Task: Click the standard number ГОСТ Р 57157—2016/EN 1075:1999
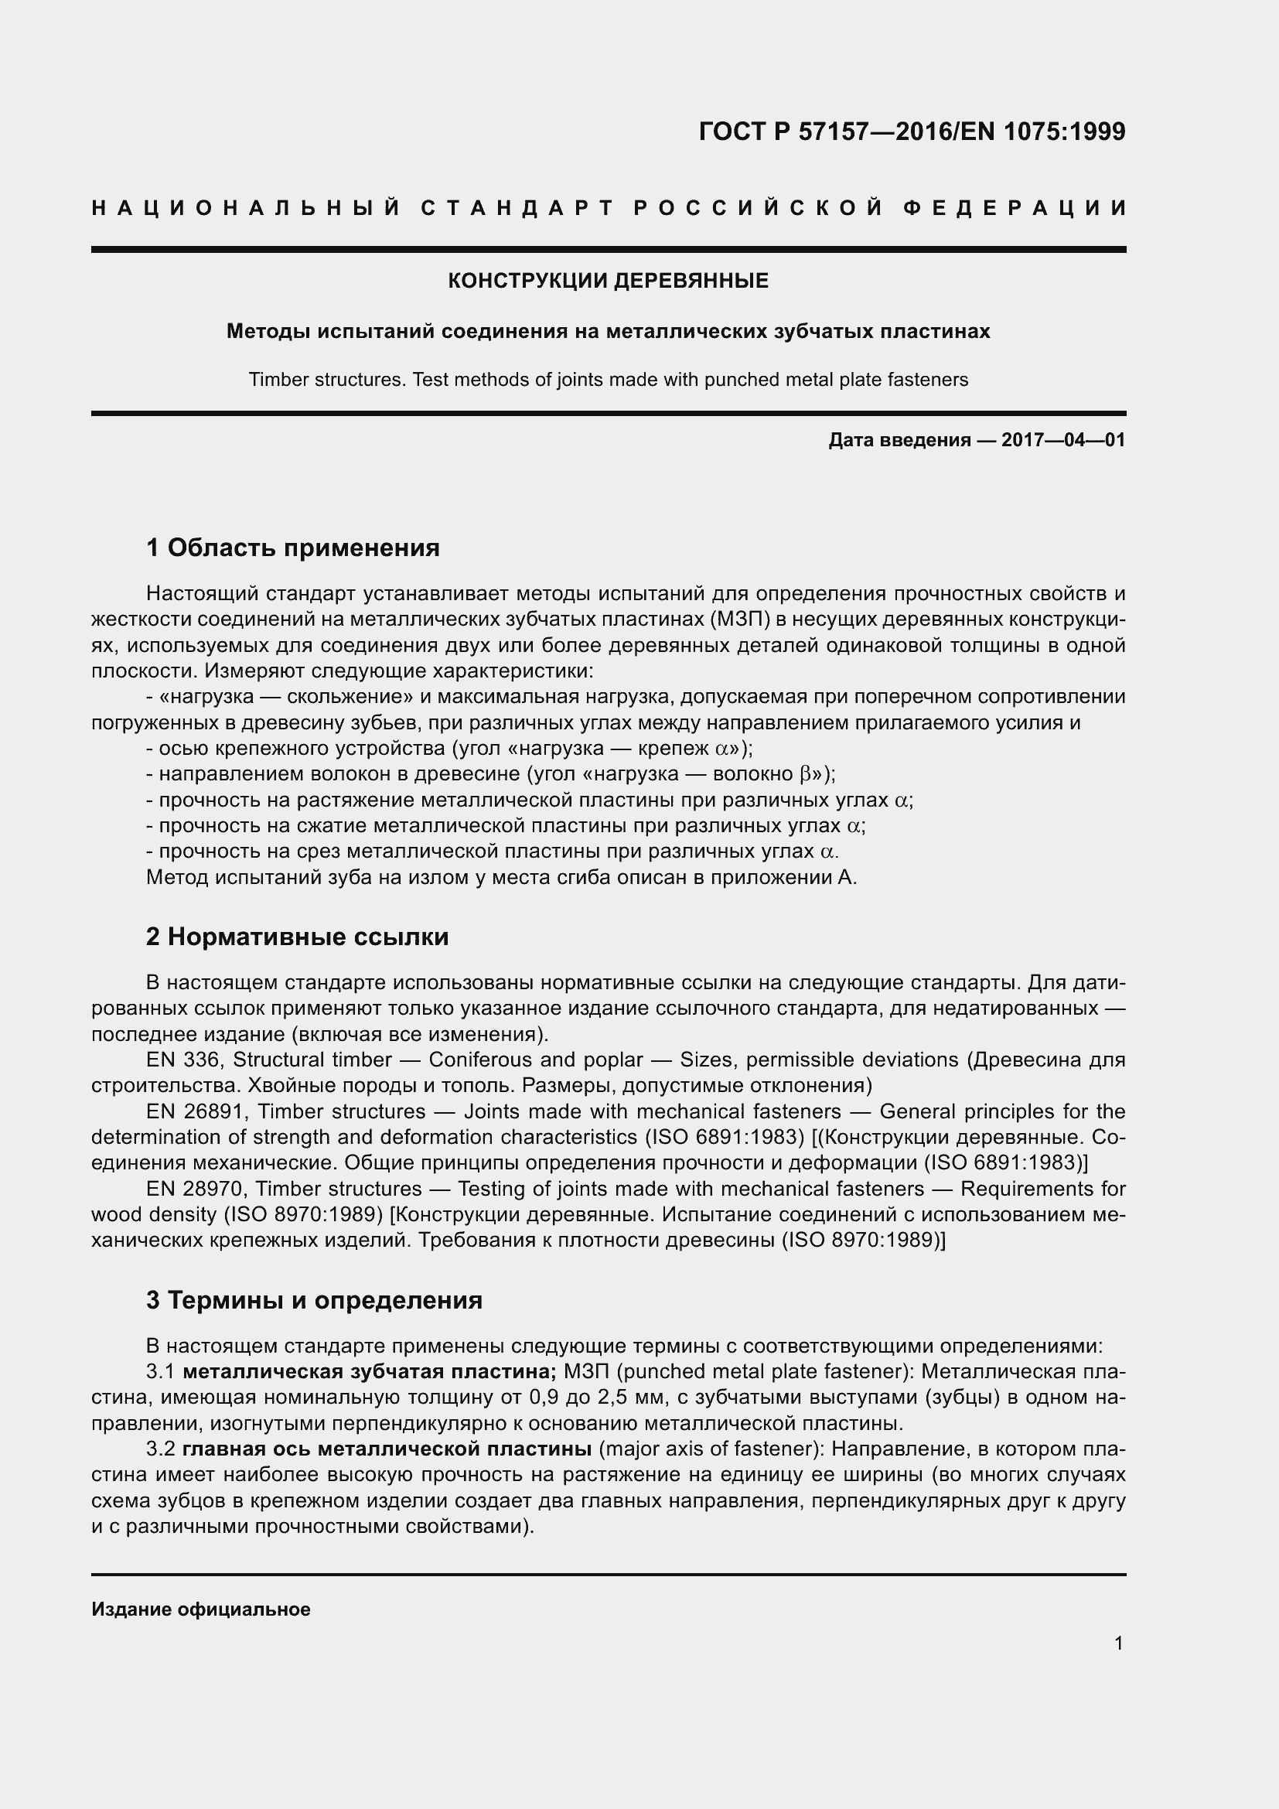tap(912, 131)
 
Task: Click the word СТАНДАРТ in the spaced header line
tap(517, 208)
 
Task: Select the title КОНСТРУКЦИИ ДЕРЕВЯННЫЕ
tap(608, 282)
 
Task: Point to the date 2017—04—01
tap(1063, 440)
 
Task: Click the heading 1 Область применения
tap(293, 547)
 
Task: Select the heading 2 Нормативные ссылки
tap(297, 936)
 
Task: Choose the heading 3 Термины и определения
tap(314, 1299)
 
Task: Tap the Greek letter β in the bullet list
tap(805, 774)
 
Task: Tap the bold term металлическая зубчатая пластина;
tap(370, 1372)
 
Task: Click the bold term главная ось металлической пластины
tap(387, 1449)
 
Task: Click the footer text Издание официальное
tap(201, 1609)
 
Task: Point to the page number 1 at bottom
tap(1118, 1643)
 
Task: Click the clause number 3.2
tap(160, 1449)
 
